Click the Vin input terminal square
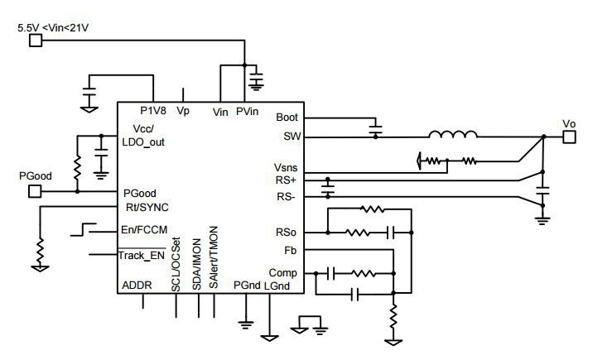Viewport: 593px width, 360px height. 36,41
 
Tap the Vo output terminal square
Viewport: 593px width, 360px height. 568,137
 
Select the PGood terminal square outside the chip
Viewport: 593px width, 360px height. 36,191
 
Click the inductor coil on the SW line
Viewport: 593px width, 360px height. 452,135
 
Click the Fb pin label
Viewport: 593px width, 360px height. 290,249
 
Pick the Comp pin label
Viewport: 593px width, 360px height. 283,272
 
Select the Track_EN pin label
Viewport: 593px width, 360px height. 143,256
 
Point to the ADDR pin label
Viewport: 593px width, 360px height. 137,286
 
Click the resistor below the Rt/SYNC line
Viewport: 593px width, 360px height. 40,247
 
